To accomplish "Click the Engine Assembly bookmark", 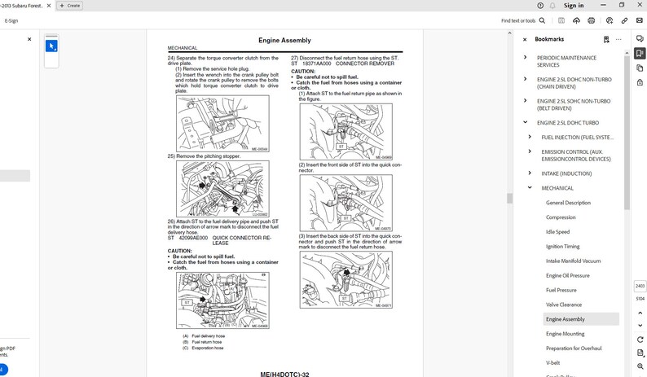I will (565, 319).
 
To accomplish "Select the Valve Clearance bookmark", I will (564, 305).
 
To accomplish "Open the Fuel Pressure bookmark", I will (561, 290).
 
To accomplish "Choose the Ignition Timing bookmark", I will (562, 246).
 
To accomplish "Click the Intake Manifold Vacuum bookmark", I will (573, 261).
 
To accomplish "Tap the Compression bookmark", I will (561, 217).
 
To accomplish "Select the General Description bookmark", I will (568, 203).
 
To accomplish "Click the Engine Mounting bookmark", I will (565, 334).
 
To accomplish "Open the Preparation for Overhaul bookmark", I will (574, 349).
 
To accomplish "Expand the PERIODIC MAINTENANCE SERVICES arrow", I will (526, 58).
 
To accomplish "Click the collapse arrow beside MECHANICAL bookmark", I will (530, 187).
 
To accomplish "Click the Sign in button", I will (574, 6).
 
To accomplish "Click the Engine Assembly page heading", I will (284, 40).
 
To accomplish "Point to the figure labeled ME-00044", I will (222, 124).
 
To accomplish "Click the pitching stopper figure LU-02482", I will (222, 188).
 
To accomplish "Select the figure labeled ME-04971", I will (346, 279).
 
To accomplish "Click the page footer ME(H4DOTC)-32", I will (284, 374).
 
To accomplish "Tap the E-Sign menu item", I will (11, 20).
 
